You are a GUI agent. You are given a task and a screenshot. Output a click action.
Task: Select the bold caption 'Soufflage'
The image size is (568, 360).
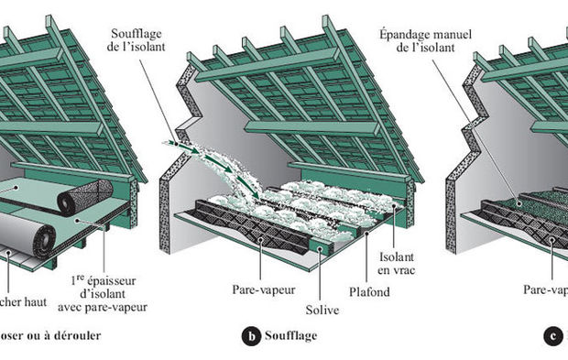click(292, 336)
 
